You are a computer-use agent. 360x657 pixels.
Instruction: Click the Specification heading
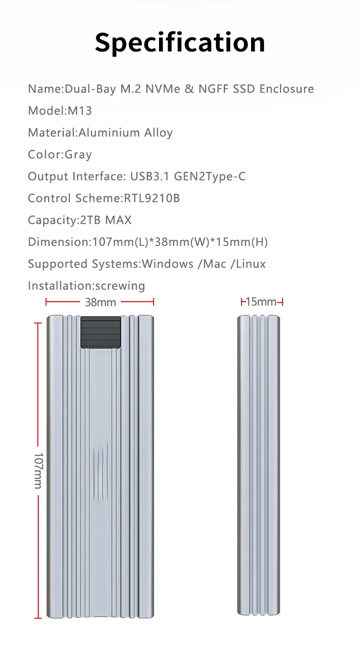180,42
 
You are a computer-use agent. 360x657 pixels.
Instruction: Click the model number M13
80,111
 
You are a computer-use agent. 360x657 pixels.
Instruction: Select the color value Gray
78,155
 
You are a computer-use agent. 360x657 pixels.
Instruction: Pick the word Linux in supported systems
251,264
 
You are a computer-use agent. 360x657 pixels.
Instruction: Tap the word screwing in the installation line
119,286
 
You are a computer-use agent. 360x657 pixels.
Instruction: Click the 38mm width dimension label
100,302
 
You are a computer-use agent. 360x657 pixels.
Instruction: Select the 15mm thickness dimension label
261,302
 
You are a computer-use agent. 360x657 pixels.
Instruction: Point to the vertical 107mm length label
38,470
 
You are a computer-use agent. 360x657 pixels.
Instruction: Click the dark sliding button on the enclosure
101,333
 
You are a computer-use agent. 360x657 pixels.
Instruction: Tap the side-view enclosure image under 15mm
259,465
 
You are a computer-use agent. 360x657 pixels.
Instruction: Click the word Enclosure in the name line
287,89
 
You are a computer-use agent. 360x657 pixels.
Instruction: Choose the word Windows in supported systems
168,264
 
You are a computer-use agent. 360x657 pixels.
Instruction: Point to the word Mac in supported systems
215,264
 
